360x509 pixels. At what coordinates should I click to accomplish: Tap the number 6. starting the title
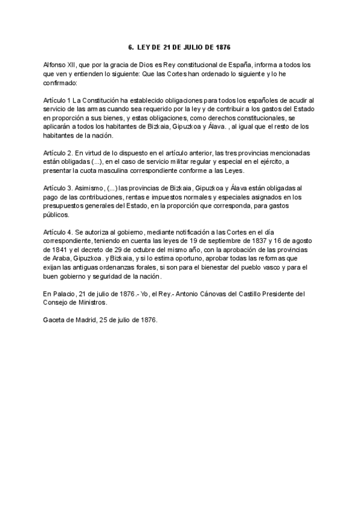[x=131, y=46]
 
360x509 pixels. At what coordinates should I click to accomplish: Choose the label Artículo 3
[x=59, y=187]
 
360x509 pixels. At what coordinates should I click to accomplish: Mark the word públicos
[x=57, y=214]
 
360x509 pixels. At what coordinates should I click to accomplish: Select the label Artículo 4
[x=59, y=232]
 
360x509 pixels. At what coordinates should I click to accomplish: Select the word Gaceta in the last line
[x=56, y=321]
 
